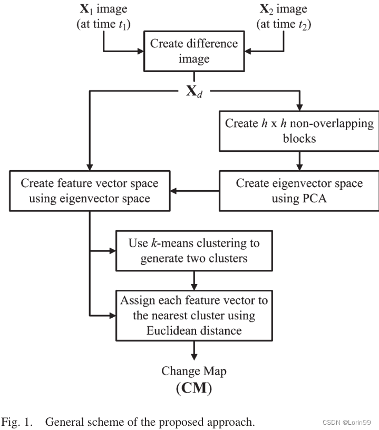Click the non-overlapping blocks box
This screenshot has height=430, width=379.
click(299, 131)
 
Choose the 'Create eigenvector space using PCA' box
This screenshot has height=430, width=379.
click(299, 190)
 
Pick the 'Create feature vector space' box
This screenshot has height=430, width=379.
click(89, 190)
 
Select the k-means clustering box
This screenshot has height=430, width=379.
click(194, 251)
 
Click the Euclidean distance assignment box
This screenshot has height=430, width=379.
click(194, 315)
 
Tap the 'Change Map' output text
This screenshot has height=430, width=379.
click(194, 371)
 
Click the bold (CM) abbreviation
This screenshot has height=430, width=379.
click(194, 389)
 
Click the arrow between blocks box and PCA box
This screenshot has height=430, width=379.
click(299, 160)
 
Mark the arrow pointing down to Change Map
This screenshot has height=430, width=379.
click(194, 351)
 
